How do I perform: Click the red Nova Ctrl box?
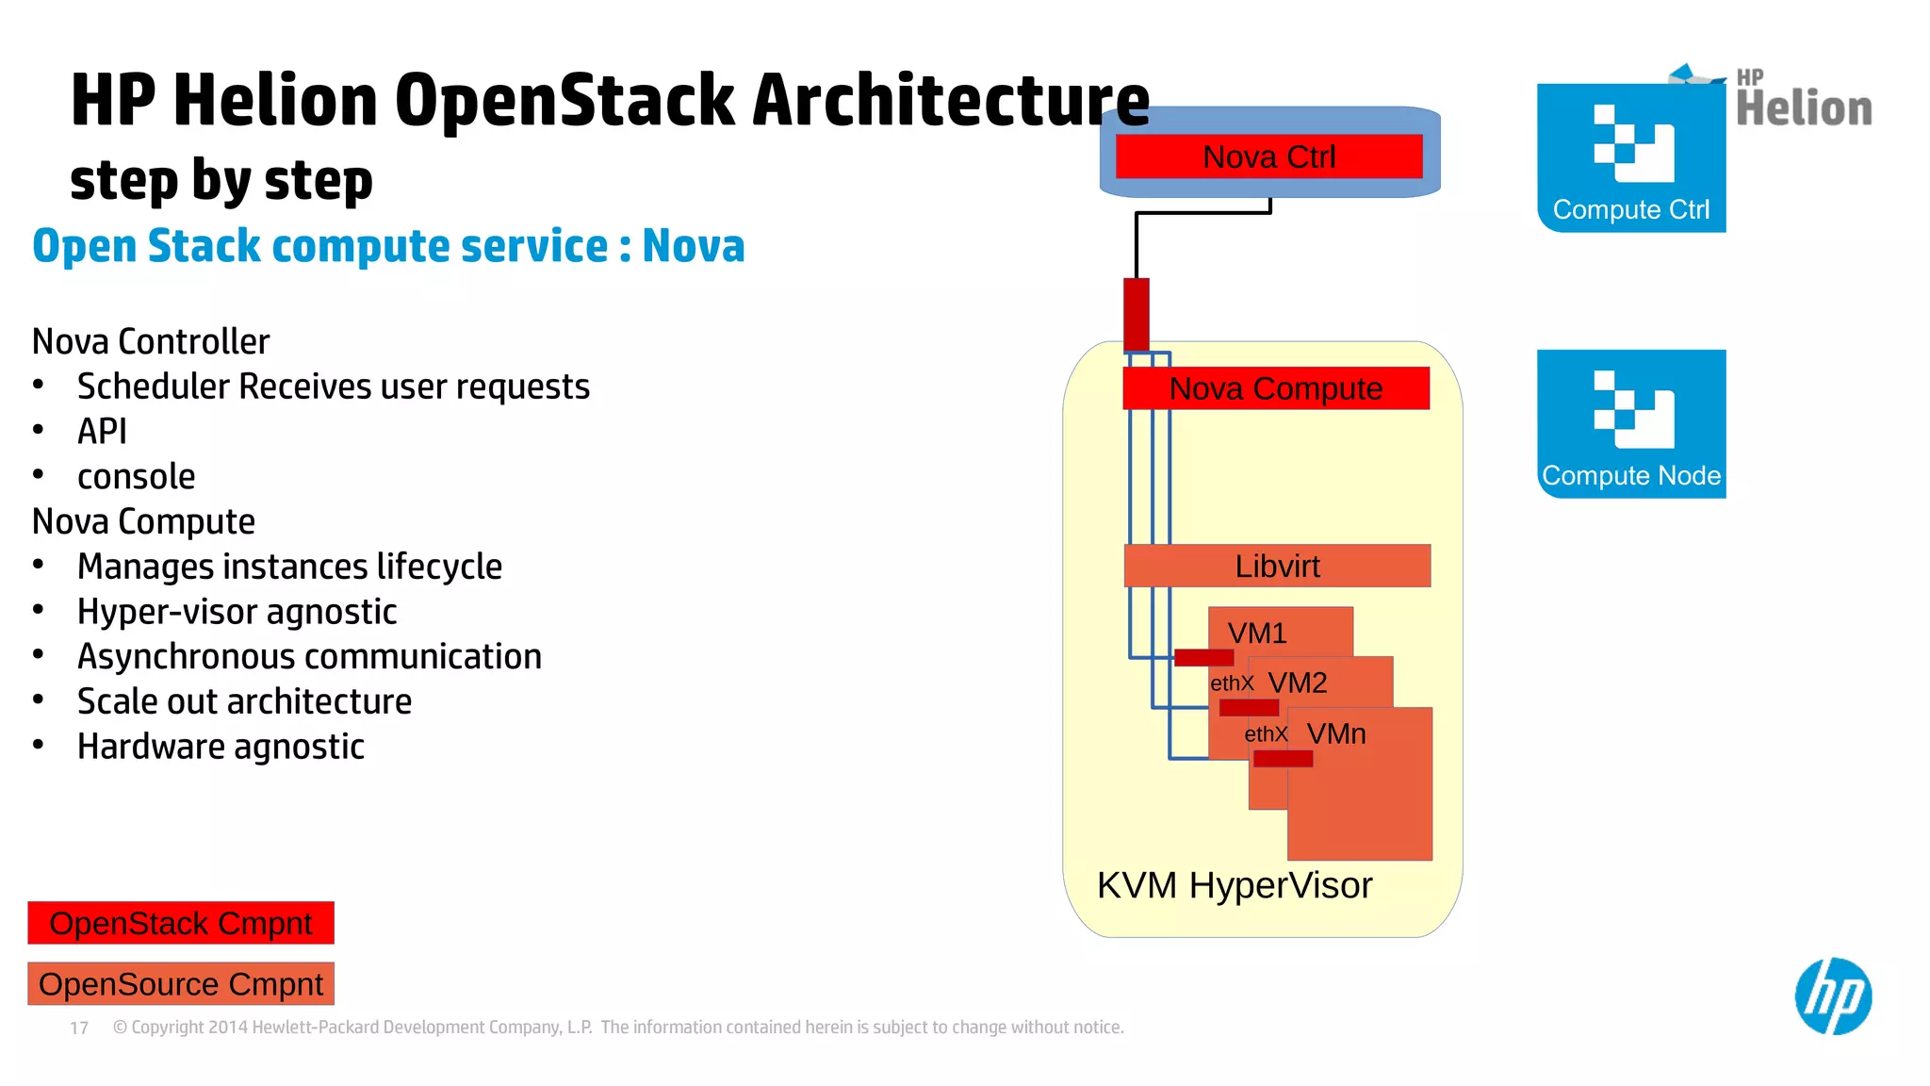(1268, 156)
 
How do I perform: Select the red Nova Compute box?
(1275, 388)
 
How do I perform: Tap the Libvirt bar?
(1277, 566)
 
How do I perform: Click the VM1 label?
(1256, 633)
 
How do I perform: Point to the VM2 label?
(1297, 683)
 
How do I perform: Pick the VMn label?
(1335, 733)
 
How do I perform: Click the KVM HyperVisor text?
(1234, 885)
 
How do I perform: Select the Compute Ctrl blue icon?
(1630, 157)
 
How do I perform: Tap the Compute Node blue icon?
(1630, 423)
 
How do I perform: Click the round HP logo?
(1832, 996)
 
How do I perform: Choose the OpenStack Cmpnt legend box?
(181, 923)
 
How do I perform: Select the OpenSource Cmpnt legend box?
(181, 984)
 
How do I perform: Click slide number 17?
(79, 1028)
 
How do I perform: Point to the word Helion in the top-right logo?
(1804, 108)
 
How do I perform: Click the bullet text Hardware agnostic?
(221, 747)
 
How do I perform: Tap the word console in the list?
(137, 477)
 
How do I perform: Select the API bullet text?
(102, 432)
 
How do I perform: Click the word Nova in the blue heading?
(693, 246)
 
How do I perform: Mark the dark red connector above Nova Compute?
(1136, 314)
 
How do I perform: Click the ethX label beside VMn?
(1265, 734)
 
